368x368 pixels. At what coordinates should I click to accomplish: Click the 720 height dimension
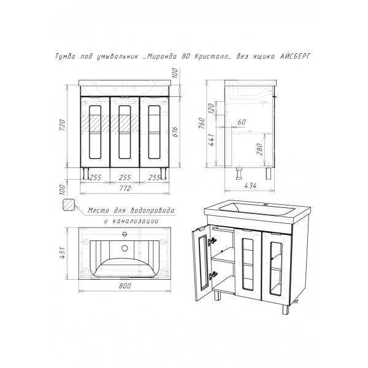coord(63,125)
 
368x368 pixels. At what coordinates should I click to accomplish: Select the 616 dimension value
coord(175,132)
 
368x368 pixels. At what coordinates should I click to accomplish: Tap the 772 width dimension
coord(125,188)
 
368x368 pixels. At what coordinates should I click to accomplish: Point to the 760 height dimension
coord(202,123)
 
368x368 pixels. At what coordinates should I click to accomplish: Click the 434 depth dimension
coord(250,186)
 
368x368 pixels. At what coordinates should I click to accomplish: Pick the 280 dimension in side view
coord(260,149)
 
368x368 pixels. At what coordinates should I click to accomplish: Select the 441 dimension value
coord(212,140)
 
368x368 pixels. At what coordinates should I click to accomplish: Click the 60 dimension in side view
coord(242,122)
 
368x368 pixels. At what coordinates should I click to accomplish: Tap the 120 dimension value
coord(211,108)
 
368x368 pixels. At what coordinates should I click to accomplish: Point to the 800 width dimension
coord(125,286)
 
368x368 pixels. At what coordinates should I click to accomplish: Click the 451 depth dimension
coord(63,253)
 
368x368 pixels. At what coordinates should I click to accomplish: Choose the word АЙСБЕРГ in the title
coord(296,56)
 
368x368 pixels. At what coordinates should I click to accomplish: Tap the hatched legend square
coord(69,205)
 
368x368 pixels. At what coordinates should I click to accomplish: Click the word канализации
coord(135,221)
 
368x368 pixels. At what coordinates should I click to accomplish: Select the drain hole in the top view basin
coord(125,248)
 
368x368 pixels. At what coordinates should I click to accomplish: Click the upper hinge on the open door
coord(212,241)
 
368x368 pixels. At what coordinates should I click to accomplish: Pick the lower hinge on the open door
coord(213,275)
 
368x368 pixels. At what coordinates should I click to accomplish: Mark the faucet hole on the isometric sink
coord(266,205)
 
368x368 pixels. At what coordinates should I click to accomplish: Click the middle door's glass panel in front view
coord(125,132)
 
